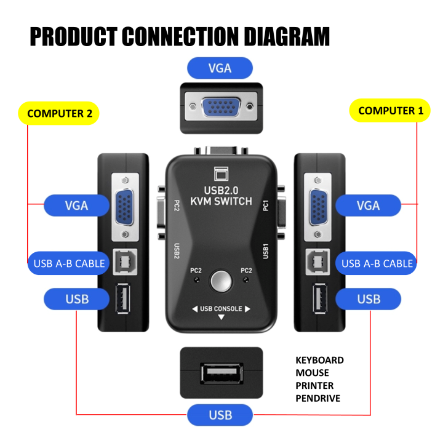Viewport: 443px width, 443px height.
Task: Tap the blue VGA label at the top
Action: coord(220,68)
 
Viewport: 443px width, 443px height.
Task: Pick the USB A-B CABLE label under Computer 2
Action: coord(70,263)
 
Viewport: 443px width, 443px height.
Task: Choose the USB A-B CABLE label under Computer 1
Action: coord(377,263)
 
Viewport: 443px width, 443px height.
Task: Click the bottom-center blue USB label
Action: coord(220,415)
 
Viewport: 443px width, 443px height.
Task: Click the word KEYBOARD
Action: coord(319,360)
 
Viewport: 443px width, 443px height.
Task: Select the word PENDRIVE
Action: coord(318,398)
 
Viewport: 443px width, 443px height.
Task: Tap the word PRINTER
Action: coord(314,385)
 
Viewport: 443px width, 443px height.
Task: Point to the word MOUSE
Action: coord(312,372)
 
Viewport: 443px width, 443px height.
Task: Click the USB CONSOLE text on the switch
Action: coord(221,308)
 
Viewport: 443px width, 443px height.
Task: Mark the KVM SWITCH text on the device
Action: coord(221,201)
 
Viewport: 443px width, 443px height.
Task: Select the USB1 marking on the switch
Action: coord(266,251)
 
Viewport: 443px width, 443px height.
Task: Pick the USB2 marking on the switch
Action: coord(177,251)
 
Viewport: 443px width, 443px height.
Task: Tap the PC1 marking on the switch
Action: coord(266,205)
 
